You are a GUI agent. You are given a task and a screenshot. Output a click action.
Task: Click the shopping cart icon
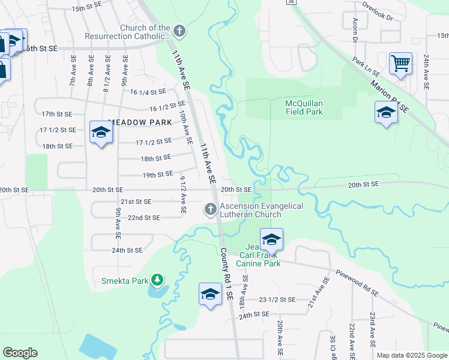point(400,62)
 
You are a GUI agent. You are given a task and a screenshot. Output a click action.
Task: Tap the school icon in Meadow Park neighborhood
point(101,132)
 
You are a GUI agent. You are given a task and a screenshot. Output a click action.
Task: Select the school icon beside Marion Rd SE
point(386,112)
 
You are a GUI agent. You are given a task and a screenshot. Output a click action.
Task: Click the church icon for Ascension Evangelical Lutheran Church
point(210,209)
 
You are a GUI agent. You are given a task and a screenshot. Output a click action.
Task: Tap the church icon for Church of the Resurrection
point(178,30)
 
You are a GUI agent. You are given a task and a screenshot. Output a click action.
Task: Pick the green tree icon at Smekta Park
point(157,280)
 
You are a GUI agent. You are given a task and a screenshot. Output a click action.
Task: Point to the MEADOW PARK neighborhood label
point(140,122)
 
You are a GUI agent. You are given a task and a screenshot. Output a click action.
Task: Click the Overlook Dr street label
point(377,11)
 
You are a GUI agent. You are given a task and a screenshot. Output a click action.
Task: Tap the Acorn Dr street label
point(354,34)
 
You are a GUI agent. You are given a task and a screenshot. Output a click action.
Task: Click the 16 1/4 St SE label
point(147,92)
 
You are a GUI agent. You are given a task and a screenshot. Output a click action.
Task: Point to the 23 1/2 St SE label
point(277,299)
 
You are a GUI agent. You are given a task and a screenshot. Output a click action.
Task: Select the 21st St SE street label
point(136,202)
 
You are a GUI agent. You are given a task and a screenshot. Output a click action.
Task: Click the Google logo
point(20,353)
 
